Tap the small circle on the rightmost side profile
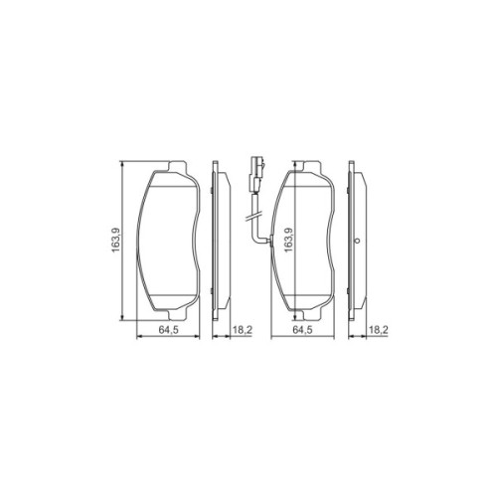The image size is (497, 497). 357,241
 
